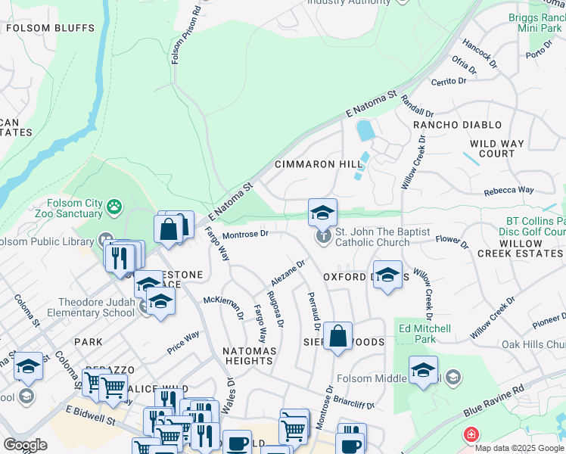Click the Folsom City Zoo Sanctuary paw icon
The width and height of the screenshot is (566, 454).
point(114,206)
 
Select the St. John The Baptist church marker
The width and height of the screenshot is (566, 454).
point(324,237)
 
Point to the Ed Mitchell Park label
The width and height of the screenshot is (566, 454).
point(424,334)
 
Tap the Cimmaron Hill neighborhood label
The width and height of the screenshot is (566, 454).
point(308,164)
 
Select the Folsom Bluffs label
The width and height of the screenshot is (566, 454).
point(51,29)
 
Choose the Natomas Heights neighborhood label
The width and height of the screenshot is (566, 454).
point(247,356)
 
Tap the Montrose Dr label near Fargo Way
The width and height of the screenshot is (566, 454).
point(246,235)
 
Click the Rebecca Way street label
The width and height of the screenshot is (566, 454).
point(509,190)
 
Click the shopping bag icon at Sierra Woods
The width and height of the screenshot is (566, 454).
point(338,336)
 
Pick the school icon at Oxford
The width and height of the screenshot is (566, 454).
point(387,276)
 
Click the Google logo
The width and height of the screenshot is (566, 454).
point(24,445)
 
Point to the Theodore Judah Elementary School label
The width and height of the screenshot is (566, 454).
point(91,307)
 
